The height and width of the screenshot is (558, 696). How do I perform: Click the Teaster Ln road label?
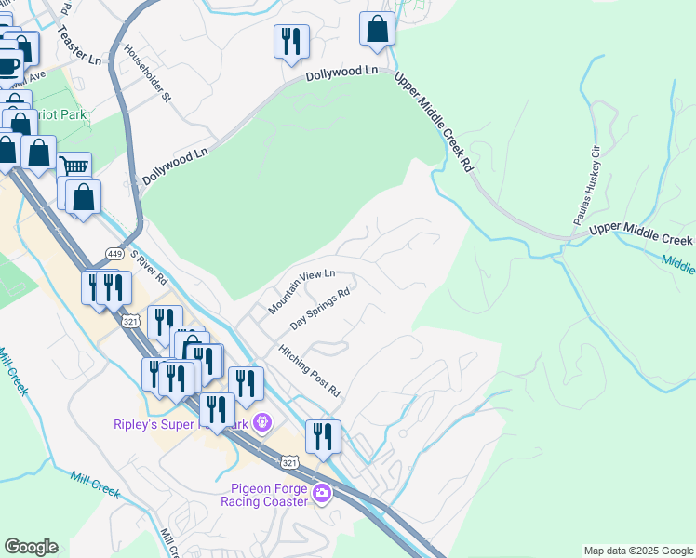pos(79,44)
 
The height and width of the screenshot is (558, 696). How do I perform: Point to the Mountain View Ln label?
pos(301,292)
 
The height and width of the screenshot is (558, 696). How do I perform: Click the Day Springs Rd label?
pos(319,309)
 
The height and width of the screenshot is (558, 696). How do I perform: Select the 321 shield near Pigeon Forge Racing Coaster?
pos(289,461)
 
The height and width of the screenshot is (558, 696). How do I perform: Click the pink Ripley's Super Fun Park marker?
pos(262,423)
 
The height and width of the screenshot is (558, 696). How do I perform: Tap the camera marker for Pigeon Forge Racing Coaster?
pos(321,492)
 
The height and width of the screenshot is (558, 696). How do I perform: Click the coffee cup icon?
pos(8,66)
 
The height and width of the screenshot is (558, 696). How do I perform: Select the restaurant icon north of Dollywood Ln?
pos(291,41)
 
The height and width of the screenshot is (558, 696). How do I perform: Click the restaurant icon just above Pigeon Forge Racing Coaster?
pos(323,435)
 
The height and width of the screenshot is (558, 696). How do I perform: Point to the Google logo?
pos(31,547)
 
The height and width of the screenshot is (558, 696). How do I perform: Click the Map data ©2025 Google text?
pos(637,551)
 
